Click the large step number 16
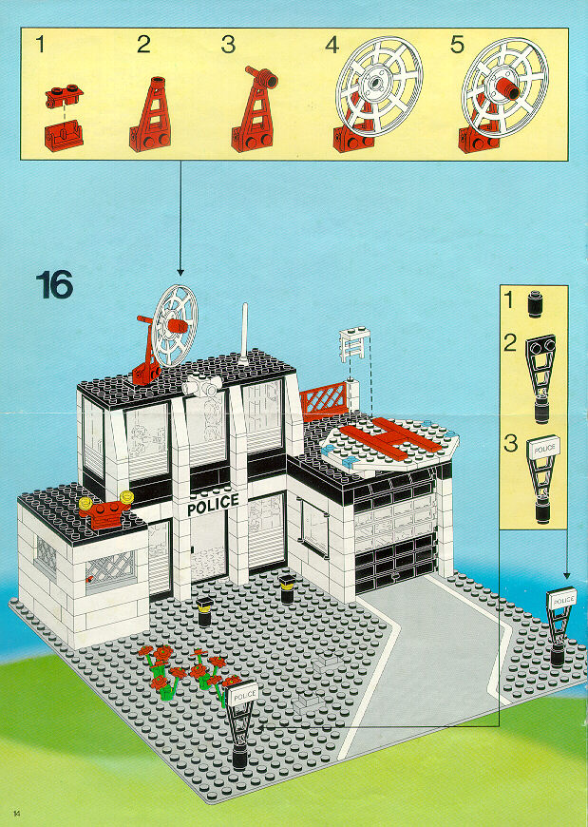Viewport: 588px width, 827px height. pyautogui.click(x=54, y=285)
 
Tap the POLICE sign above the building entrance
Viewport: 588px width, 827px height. pyautogui.click(x=213, y=504)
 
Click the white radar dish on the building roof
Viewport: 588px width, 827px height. pyautogui.click(x=175, y=325)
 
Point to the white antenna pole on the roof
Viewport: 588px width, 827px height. pyautogui.click(x=243, y=334)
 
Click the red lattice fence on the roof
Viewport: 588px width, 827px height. pyautogui.click(x=324, y=401)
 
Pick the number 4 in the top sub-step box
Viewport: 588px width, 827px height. pyautogui.click(x=332, y=46)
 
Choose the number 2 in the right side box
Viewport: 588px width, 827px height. pyautogui.click(x=509, y=343)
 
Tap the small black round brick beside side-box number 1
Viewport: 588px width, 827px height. pyautogui.click(x=535, y=303)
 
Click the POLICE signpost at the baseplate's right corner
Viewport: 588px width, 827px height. pyautogui.click(x=560, y=625)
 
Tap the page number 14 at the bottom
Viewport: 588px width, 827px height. pyautogui.click(x=17, y=810)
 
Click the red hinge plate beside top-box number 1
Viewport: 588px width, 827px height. pyautogui.click(x=64, y=96)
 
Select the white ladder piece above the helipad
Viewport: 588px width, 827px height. pyautogui.click(x=354, y=345)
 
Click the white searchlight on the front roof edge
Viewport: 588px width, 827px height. pyautogui.click(x=203, y=386)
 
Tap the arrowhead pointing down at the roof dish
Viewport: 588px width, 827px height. pyautogui.click(x=180, y=272)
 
